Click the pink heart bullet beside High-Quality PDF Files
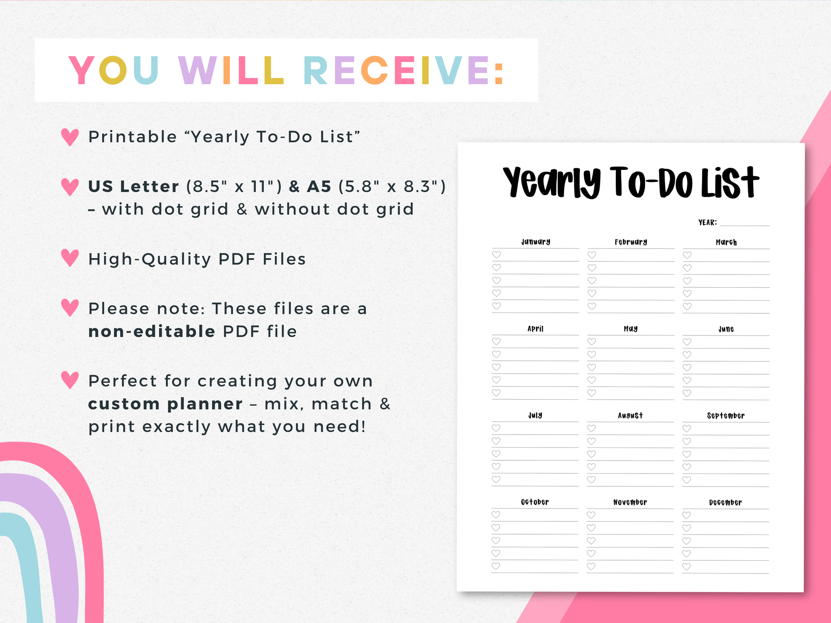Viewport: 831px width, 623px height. pos(70,258)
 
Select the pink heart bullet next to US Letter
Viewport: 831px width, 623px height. pos(70,187)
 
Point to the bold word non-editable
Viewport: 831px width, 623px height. pos(152,331)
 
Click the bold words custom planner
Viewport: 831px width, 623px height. pos(165,404)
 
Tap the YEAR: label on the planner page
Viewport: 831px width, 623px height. pos(708,222)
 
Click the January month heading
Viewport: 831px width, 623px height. pos(535,242)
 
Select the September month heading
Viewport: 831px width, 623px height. pos(726,415)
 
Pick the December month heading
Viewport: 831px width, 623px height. pos(725,502)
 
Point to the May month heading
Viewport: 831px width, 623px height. pos(630,328)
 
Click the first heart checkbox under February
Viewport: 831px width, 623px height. pos(592,255)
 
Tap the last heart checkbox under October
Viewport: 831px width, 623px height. pos(496,566)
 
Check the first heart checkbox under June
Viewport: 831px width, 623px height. pos(687,342)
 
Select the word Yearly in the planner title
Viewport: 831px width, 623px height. pos(552,183)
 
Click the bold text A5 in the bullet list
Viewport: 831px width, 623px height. pos(319,187)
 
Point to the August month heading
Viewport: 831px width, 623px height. pos(630,415)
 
